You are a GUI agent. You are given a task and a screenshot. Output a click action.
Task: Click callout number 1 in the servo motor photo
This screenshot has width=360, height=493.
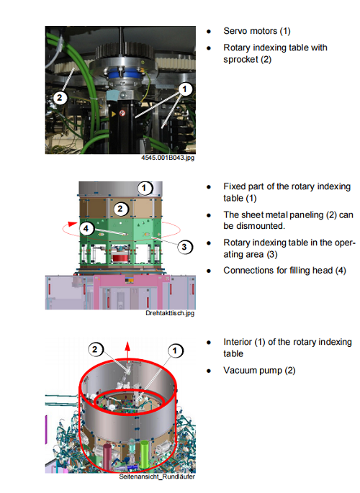pyautogui.click(x=185, y=89)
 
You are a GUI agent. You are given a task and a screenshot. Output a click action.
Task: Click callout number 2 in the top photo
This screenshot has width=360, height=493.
pyautogui.click(x=60, y=98)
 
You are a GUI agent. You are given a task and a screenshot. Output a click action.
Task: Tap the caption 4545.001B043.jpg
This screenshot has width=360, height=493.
pyautogui.click(x=168, y=158)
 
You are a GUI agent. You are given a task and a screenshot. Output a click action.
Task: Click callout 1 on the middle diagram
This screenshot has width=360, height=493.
pyautogui.click(x=144, y=188)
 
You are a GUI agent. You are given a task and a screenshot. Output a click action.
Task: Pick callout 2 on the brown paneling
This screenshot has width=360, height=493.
pyautogui.click(x=120, y=209)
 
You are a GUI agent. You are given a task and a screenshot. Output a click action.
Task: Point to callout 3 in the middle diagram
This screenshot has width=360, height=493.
pyautogui.click(x=184, y=247)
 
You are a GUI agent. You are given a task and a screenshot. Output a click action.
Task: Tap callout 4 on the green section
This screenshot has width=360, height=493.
pyautogui.click(x=86, y=228)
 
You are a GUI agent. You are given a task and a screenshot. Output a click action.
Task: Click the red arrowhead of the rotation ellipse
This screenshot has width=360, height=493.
pyautogui.click(x=73, y=224)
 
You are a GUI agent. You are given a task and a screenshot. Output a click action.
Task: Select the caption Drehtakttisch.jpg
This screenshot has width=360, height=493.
pyautogui.click(x=170, y=313)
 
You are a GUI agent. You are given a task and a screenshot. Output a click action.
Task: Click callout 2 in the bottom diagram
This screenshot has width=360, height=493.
pyautogui.click(x=95, y=349)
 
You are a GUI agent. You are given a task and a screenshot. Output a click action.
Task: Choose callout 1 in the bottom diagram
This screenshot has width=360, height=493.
pyautogui.click(x=175, y=350)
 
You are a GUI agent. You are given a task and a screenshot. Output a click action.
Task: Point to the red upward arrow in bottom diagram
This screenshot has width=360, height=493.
pyautogui.click(x=127, y=350)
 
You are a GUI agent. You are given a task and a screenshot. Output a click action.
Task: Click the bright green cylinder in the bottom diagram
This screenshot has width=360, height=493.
pyautogui.click(x=144, y=455)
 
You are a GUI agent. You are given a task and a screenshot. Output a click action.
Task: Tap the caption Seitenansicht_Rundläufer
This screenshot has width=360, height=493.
pyautogui.click(x=157, y=476)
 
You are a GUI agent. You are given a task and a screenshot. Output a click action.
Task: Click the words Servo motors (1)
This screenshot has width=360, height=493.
pyautogui.click(x=257, y=31)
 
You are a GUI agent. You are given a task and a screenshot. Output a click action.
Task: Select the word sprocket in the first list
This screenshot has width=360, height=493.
pyautogui.click(x=240, y=60)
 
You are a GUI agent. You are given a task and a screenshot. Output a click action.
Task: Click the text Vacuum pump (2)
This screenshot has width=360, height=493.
pyautogui.click(x=259, y=371)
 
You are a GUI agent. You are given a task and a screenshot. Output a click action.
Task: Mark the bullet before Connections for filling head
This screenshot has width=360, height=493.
pyautogui.click(x=209, y=271)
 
